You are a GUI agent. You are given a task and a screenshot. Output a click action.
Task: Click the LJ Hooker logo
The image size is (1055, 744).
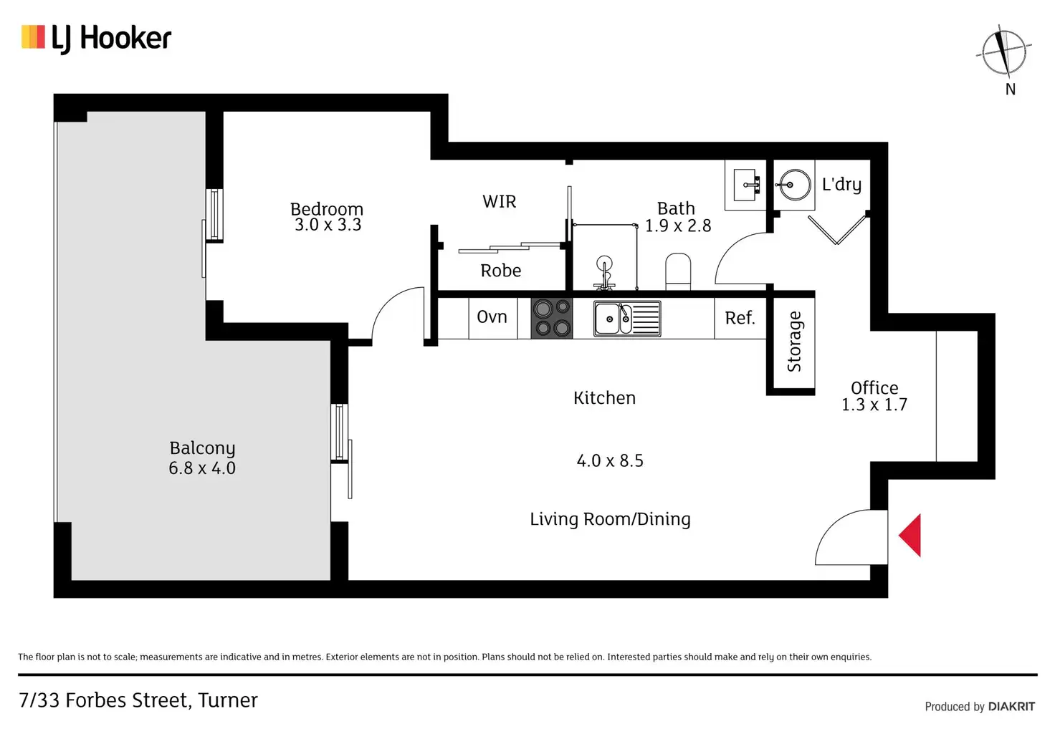(96, 39)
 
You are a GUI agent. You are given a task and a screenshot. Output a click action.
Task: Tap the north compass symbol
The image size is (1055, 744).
(1004, 54)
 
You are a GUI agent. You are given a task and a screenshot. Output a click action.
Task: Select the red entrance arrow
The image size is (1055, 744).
(910, 536)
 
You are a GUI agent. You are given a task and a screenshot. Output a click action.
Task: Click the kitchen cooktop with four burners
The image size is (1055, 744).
(552, 318)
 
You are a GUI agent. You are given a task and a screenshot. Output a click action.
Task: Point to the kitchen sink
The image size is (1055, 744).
(627, 319)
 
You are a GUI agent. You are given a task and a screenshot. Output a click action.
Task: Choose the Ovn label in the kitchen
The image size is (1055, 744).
(492, 317)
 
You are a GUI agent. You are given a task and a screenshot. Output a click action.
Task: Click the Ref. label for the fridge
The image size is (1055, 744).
(740, 318)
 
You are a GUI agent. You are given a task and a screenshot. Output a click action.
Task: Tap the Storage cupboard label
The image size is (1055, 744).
(794, 341)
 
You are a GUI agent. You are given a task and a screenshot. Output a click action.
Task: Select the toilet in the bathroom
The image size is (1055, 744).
(678, 272)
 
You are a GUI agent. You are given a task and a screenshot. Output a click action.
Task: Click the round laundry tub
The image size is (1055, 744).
(794, 185)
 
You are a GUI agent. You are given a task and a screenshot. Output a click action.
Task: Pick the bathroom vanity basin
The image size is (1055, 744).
(746, 185)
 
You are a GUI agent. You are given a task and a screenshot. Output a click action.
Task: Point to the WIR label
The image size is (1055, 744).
(500, 201)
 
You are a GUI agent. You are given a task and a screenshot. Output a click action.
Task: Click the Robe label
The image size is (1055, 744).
(501, 271)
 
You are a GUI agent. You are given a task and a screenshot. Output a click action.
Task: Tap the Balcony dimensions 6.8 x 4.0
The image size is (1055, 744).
(202, 468)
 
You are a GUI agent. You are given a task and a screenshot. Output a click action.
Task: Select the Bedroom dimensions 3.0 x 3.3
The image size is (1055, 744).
(328, 224)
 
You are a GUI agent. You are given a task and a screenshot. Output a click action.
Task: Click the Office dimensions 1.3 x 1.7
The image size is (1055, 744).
(874, 405)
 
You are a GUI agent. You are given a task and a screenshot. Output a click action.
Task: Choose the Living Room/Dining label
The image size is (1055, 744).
(610, 519)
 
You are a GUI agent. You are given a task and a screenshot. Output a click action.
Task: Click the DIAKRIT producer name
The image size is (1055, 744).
(1012, 706)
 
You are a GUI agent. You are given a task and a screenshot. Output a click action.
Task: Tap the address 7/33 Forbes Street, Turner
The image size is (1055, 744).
(138, 700)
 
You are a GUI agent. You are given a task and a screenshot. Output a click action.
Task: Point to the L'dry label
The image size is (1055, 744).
(841, 184)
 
